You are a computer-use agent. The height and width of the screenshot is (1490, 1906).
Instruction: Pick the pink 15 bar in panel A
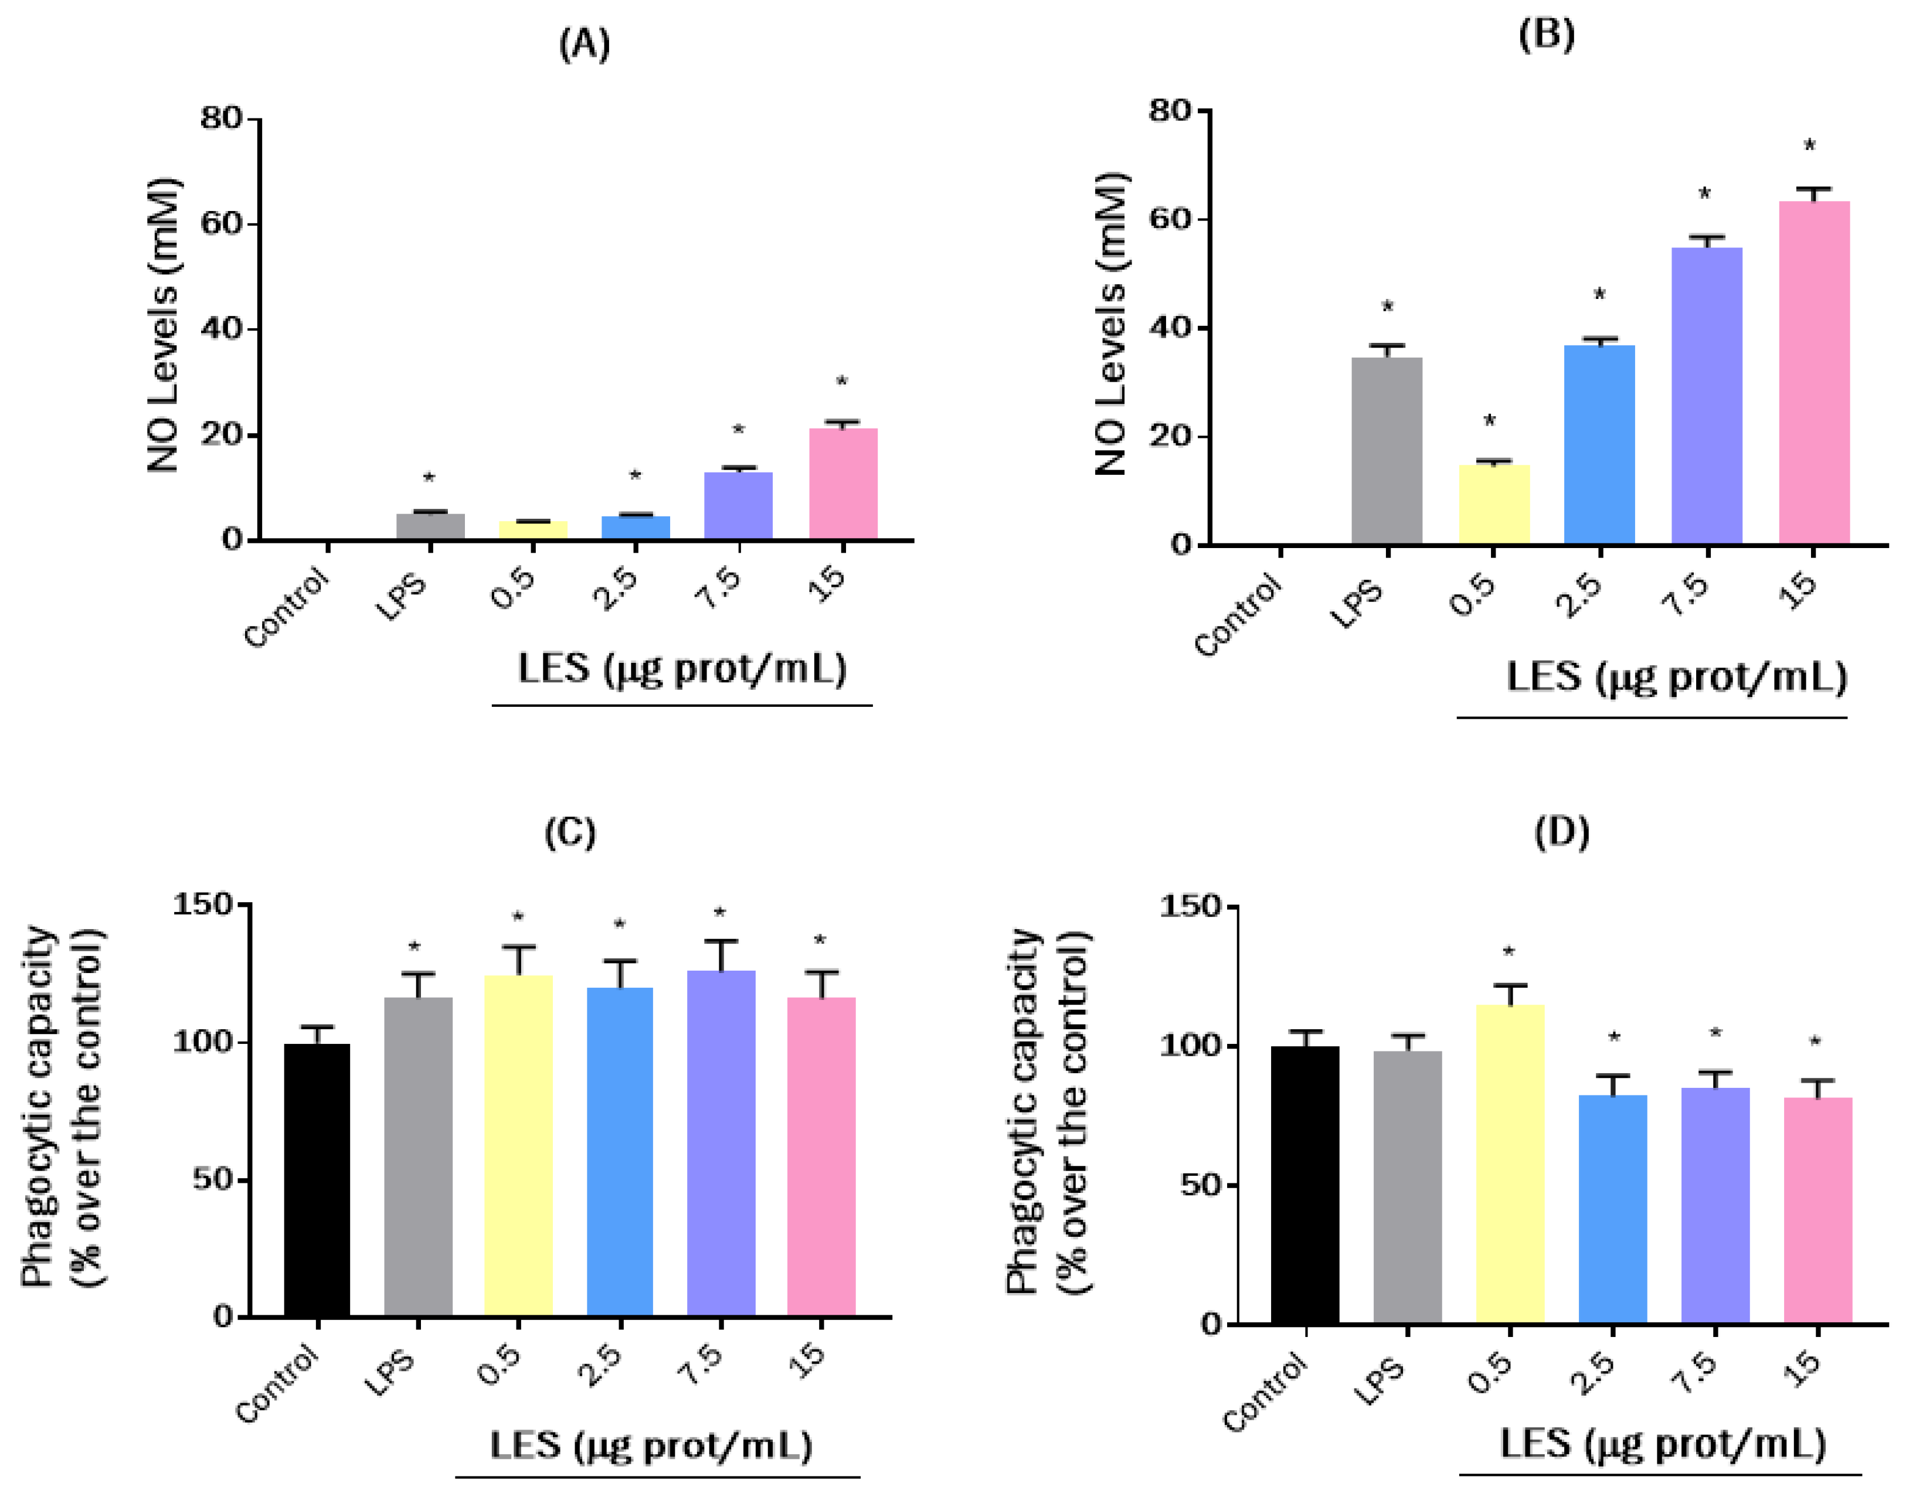point(843,484)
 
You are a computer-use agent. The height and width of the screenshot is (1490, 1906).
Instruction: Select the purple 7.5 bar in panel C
point(721,1143)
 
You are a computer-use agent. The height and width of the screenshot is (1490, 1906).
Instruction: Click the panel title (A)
point(584,43)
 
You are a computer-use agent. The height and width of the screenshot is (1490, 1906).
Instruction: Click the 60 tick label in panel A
point(220,223)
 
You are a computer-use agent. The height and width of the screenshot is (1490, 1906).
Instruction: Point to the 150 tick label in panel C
point(202,904)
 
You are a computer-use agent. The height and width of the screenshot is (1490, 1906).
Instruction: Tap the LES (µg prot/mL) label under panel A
point(682,670)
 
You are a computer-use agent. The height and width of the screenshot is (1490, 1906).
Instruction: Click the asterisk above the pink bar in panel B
point(1810,147)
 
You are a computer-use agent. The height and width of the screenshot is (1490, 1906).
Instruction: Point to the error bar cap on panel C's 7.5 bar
point(721,941)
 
